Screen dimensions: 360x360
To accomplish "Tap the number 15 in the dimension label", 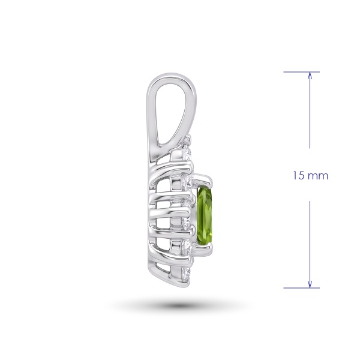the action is click(x=298, y=176).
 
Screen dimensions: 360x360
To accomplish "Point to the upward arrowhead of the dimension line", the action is click(x=310, y=75).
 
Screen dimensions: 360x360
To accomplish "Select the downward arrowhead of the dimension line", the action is click(x=310, y=284).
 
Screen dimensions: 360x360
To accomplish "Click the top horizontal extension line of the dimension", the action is click(x=301, y=72).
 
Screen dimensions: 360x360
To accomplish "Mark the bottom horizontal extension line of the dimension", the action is click(x=301, y=288).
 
